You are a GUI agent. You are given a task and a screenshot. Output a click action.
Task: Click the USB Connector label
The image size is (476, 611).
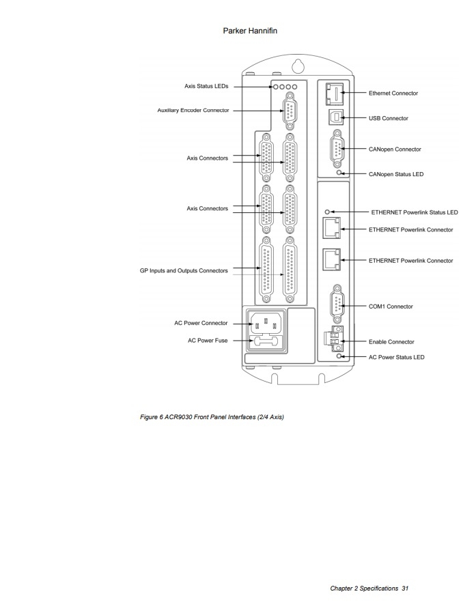click(x=389, y=118)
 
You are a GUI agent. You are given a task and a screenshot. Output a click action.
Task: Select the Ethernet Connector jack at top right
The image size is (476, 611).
click(x=335, y=94)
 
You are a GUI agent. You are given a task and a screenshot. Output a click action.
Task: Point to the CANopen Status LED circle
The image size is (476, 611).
click(x=339, y=172)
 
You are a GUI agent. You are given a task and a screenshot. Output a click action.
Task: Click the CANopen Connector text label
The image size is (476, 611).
click(x=395, y=150)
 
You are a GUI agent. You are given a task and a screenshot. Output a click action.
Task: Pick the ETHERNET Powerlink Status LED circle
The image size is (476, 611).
click(x=328, y=212)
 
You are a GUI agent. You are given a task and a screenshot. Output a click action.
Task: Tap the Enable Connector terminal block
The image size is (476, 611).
click(x=334, y=338)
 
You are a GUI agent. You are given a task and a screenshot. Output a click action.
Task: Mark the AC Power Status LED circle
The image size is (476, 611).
click(x=339, y=356)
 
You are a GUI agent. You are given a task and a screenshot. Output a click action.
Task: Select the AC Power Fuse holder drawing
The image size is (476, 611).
click(x=266, y=341)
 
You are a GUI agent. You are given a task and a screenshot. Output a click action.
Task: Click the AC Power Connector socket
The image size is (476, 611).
click(x=266, y=323)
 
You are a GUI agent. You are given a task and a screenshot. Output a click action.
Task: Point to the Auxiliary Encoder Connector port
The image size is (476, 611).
click(x=290, y=111)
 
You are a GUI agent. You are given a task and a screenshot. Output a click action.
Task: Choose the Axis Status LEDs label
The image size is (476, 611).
click(x=206, y=86)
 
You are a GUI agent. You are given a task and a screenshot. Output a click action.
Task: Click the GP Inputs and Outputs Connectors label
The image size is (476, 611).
click(x=184, y=270)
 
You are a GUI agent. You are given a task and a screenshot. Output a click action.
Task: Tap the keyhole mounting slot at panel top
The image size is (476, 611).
click(x=298, y=66)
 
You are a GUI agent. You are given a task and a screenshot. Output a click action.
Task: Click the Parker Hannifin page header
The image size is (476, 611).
click(x=250, y=31)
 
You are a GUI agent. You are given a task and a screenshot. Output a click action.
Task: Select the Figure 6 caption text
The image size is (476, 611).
click(x=212, y=417)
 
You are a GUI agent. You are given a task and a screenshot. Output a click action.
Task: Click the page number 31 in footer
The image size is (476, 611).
click(x=405, y=588)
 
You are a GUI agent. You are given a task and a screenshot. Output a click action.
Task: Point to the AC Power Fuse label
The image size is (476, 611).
click(x=208, y=341)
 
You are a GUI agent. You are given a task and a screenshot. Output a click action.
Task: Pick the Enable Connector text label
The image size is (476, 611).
click(x=391, y=342)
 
